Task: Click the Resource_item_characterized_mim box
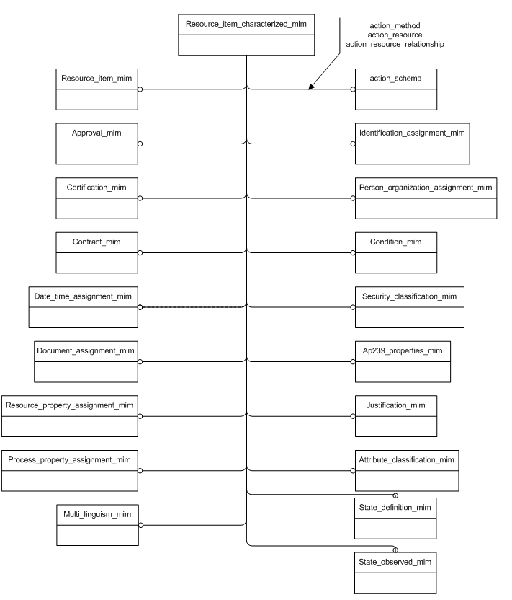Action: [x=246, y=34]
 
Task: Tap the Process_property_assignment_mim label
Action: [x=69, y=459]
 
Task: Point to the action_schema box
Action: [x=395, y=88]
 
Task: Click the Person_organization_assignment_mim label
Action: [x=426, y=187]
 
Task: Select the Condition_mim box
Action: [x=395, y=252]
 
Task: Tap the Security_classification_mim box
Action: [x=409, y=306]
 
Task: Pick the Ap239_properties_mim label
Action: [x=402, y=351]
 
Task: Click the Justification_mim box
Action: [x=395, y=415]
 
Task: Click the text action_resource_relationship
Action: [x=395, y=44]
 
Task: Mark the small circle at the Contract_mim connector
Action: [x=140, y=252]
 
